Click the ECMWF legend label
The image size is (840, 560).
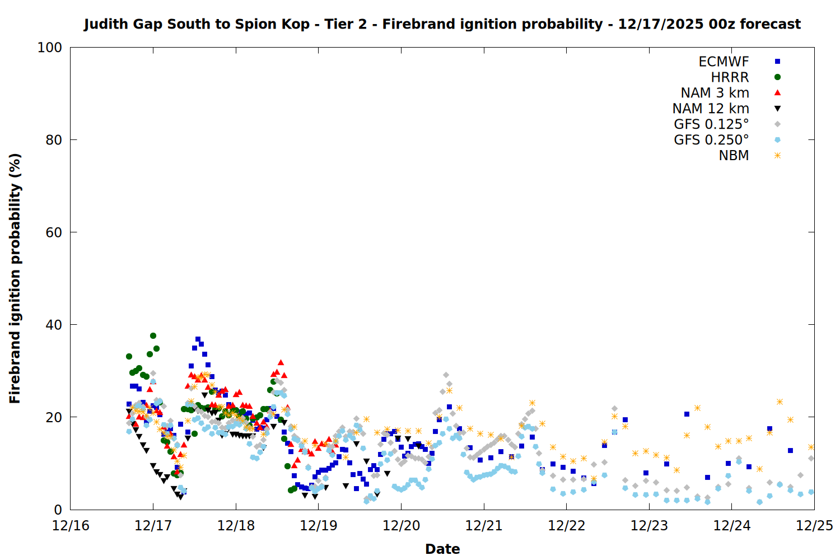click(724, 62)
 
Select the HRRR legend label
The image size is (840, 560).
click(730, 77)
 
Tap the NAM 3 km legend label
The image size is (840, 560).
click(715, 93)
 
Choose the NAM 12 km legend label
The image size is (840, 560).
click(711, 109)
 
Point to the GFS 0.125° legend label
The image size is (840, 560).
click(711, 124)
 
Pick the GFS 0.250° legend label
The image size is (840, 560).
click(711, 140)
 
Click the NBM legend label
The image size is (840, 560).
click(734, 156)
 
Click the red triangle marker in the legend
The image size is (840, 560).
click(777, 92)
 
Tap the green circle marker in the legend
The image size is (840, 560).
click(777, 77)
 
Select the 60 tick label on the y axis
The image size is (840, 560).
click(54, 232)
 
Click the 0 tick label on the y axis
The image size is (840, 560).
click(58, 510)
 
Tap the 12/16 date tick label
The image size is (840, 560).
click(71, 526)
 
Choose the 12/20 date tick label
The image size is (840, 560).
click(401, 526)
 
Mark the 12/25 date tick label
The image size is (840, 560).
click(814, 526)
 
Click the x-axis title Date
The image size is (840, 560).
click(442, 549)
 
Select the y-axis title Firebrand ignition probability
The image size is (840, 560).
click(15, 278)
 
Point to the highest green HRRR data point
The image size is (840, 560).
click(153, 335)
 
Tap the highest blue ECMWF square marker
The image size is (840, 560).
click(198, 339)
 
